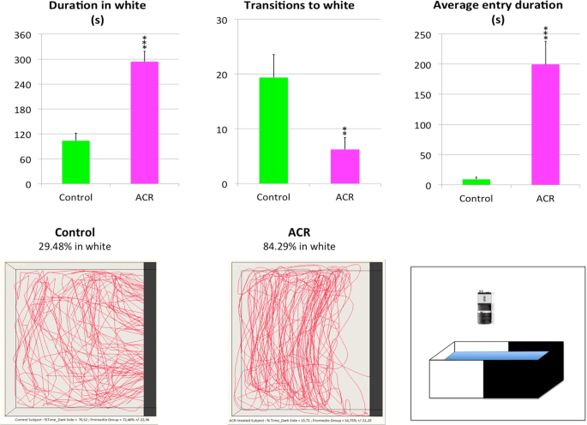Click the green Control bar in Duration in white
pyautogui.click(x=75, y=162)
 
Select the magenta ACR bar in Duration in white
pyautogui.click(x=144, y=123)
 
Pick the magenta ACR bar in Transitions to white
pyautogui.click(x=344, y=166)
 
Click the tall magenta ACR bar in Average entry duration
pyautogui.click(x=545, y=124)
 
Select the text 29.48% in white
pyautogui.click(x=74, y=247)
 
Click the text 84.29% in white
pyautogui.click(x=299, y=247)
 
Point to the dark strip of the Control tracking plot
pyautogui.click(x=150, y=338)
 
